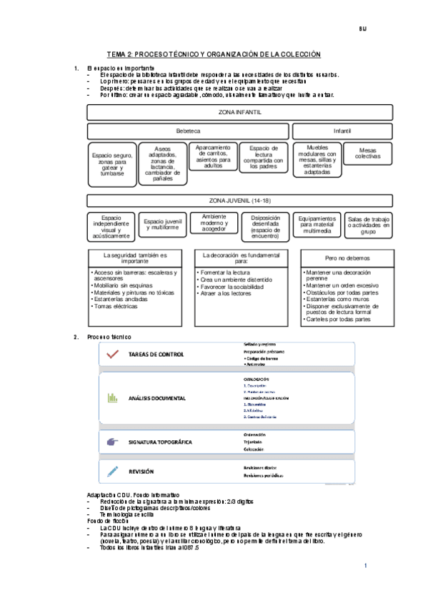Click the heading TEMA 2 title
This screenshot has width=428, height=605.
pyautogui.click(x=214, y=54)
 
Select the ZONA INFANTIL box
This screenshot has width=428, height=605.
pyautogui.click(x=239, y=113)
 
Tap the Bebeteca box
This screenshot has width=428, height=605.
pyautogui.click(x=188, y=131)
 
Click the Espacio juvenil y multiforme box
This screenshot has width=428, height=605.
pyautogui.click(x=163, y=225)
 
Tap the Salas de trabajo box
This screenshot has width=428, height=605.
pyautogui.click(x=368, y=225)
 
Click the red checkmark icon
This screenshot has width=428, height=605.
pyautogui.click(x=111, y=354)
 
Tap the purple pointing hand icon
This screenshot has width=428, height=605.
pyautogui.click(x=111, y=442)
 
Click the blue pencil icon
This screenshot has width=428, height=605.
pyautogui.click(x=112, y=471)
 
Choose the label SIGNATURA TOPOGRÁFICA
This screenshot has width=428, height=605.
pyautogui.click(x=160, y=442)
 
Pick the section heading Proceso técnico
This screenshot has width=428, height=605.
pyautogui.click(x=109, y=337)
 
